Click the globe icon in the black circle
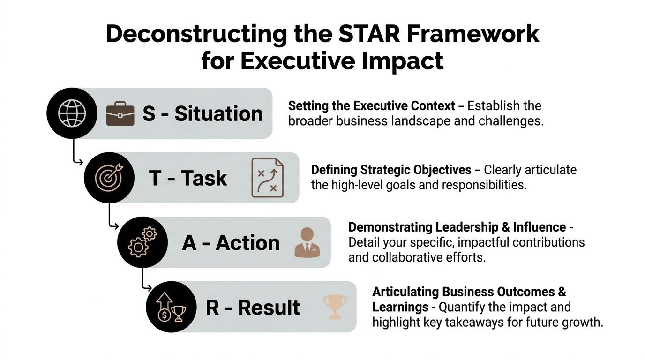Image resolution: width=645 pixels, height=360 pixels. pos(72,113)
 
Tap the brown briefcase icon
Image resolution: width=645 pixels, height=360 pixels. pos(120,114)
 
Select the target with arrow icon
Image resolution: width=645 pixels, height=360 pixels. pos(109,178)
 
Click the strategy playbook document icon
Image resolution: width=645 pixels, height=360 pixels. pos(267,178)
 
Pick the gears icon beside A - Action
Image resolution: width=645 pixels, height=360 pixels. pos(142,242)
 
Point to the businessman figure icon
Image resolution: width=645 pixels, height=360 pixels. pos(307,242)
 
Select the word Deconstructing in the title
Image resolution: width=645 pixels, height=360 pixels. pos(196,35)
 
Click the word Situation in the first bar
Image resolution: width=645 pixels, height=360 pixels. pos(218,114)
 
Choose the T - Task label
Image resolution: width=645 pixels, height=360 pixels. pos(187,178)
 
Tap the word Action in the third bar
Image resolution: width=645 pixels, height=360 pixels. pos(247,243)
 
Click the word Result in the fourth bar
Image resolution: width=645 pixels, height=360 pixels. pos(269,307)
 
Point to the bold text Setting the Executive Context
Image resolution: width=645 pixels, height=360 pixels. pos(371,105)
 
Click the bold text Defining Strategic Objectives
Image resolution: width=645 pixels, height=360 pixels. pos(391,170)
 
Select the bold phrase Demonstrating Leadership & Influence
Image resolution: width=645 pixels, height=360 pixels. pos(457,227)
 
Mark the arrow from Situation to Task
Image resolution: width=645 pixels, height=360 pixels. pos(75,155)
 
